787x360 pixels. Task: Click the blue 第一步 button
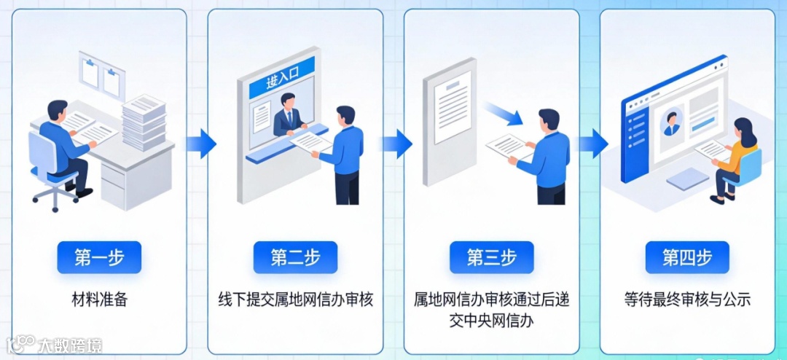pyautogui.click(x=99, y=257)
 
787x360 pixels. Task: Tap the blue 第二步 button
pyautogui.click(x=295, y=257)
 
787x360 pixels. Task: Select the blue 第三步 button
pyautogui.click(x=492, y=257)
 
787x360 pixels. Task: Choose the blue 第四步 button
pyautogui.click(x=687, y=257)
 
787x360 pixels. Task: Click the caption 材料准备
pyautogui.click(x=99, y=299)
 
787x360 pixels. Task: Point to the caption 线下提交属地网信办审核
pyautogui.click(x=295, y=299)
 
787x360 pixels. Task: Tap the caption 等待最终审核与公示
pyautogui.click(x=687, y=299)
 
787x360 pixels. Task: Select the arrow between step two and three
pyautogui.click(x=397, y=144)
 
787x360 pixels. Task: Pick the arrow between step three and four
pyautogui.click(x=593, y=144)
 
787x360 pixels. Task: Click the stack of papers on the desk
pyautogui.click(x=144, y=122)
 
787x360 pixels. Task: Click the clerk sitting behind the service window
pyautogui.click(x=289, y=117)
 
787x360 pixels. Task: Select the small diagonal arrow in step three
pyautogui.click(x=504, y=114)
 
